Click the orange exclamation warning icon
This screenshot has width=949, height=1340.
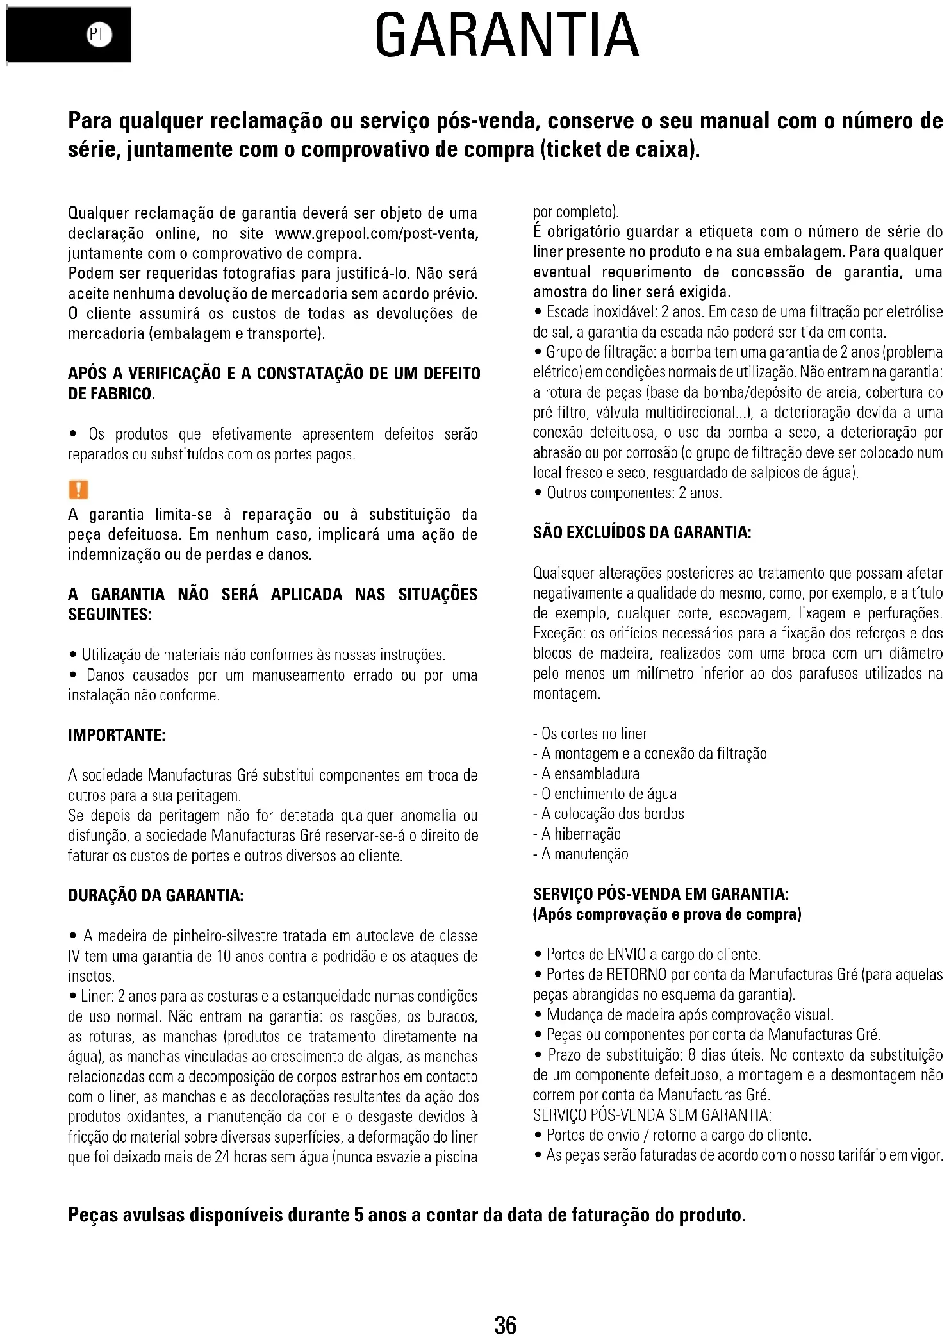78,490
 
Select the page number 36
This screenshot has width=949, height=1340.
506,1324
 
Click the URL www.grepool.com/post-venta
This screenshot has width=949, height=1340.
376,233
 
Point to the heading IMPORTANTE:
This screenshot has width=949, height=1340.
117,735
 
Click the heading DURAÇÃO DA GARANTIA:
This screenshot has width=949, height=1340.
156,895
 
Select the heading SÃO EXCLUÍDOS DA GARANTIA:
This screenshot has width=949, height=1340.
641,533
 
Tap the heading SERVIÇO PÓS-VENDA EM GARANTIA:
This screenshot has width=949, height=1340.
661,894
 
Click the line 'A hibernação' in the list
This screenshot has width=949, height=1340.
581,834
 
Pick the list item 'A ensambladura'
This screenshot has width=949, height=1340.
590,773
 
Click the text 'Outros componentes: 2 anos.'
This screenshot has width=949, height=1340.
634,493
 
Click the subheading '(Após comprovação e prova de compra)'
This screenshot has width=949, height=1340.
667,914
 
